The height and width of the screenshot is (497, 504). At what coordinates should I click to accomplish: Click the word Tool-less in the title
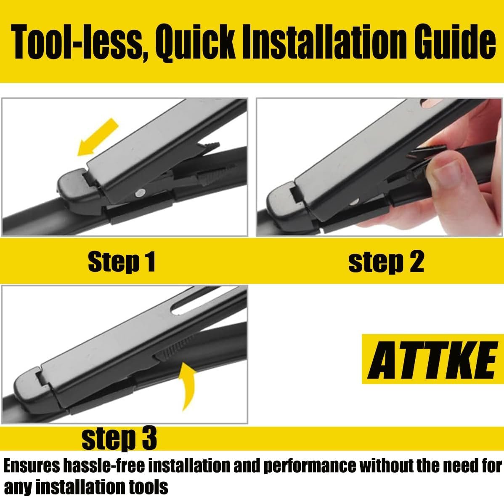(77, 42)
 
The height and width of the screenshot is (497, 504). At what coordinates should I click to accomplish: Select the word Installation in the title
(325, 42)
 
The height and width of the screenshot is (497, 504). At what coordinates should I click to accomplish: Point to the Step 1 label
(122, 262)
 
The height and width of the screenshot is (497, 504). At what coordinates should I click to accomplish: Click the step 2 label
(386, 262)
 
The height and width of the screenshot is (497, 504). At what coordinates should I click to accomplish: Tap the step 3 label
(119, 438)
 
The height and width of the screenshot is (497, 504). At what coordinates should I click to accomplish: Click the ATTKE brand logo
(432, 359)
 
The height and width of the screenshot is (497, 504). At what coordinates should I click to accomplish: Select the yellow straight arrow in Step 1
(98, 137)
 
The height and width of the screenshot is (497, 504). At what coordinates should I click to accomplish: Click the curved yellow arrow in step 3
(188, 386)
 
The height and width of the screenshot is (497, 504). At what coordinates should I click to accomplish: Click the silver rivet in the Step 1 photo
(140, 193)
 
